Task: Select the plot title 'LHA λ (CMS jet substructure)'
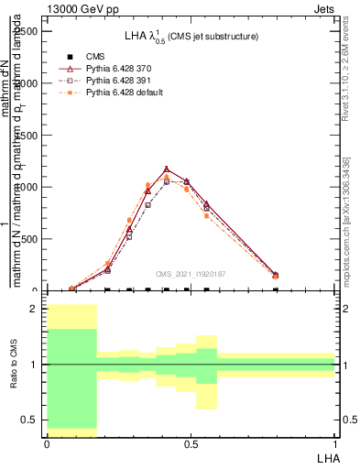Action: point(191,37)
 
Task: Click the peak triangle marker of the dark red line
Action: point(167,169)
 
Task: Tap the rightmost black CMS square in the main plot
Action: point(276,289)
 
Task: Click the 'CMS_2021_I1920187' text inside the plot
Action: point(191,273)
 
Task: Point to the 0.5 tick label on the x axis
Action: point(191,443)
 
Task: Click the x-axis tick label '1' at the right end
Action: point(335,443)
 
